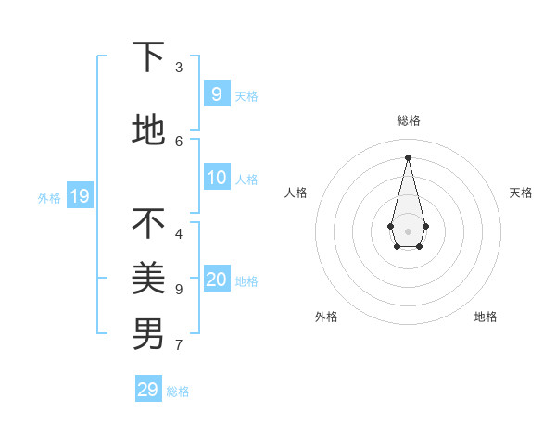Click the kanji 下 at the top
pyautogui.click(x=148, y=56)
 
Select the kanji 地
pyautogui.click(x=148, y=130)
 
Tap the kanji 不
pyautogui.click(x=148, y=223)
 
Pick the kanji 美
pyautogui.click(x=148, y=279)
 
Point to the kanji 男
pyautogui.click(x=148, y=334)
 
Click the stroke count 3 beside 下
pyautogui.click(x=179, y=68)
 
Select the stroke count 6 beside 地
pyautogui.click(x=179, y=142)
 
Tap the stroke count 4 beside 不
pyautogui.click(x=179, y=234)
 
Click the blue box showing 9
pyautogui.click(x=217, y=93)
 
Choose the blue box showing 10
pyautogui.click(x=217, y=178)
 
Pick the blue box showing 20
pyautogui.click(x=217, y=280)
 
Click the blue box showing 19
pyautogui.click(x=79, y=195)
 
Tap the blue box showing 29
pyautogui.click(x=148, y=390)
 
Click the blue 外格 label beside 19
pyautogui.click(x=49, y=197)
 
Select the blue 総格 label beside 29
pyautogui.click(x=178, y=391)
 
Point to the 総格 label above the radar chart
pyautogui.click(x=409, y=120)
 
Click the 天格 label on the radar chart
pyautogui.click(x=521, y=193)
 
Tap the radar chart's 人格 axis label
pyautogui.click(x=296, y=193)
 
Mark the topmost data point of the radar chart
pyautogui.click(x=408, y=156)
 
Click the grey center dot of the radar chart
pyautogui.click(x=408, y=231)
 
